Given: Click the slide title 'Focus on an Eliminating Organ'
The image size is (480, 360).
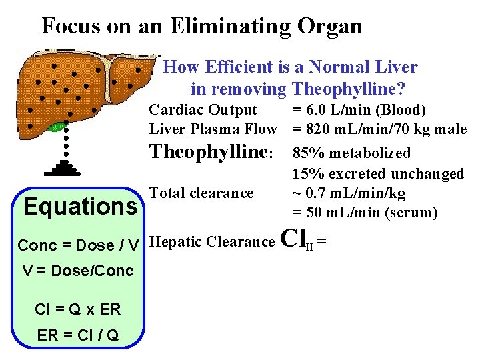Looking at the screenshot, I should pyautogui.click(x=202, y=26).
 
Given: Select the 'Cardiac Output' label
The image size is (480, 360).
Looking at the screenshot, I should pyautogui.click(x=203, y=109).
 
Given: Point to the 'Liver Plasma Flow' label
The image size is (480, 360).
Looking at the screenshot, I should pyautogui.click(x=213, y=129).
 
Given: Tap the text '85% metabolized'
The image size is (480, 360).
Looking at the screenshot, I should pyautogui.click(x=351, y=153).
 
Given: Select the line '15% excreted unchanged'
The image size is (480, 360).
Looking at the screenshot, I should pyautogui.click(x=378, y=174).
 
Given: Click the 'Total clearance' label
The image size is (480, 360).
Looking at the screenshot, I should pyautogui.click(x=201, y=193).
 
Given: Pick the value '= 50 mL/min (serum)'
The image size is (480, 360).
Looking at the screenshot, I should pyautogui.click(x=365, y=213).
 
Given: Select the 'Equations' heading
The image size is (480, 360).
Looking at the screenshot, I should pyautogui.click(x=79, y=207).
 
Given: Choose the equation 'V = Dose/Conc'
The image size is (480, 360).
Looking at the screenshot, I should pyautogui.click(x=77, y=271).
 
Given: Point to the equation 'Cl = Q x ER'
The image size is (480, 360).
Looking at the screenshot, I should pyautogui.click(x=77, y=310).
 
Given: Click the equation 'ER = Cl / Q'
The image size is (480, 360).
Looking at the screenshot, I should pyautogui.click(x=77, y=335).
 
